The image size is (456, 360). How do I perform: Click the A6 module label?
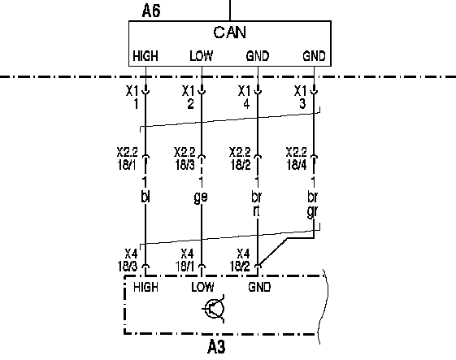point(151,11)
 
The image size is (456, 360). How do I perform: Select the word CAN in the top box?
point(230,33)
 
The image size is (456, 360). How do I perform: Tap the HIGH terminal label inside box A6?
point(145,56)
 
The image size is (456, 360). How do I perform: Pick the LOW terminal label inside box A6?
point(202,56)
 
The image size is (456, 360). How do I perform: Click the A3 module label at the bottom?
point(216,347)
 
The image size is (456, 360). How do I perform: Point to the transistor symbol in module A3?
point(214,309)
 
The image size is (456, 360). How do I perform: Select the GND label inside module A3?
point(259,288)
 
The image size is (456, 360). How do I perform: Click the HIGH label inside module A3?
point(145,288)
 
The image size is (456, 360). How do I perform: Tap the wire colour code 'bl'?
point(145,197)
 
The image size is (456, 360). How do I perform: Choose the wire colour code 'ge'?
point(201,197)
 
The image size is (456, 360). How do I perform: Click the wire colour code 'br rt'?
point(256,204)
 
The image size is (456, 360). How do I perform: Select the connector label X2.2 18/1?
point(127,158)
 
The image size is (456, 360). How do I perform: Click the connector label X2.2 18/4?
point(297,158)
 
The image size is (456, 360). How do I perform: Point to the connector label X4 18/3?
point(128,260)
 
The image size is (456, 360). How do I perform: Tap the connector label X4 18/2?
point(240,260)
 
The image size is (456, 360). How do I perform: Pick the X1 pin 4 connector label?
point(245,98)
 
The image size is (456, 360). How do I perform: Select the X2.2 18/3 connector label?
point(185,158)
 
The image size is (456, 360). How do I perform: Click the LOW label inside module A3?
point(202,288)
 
